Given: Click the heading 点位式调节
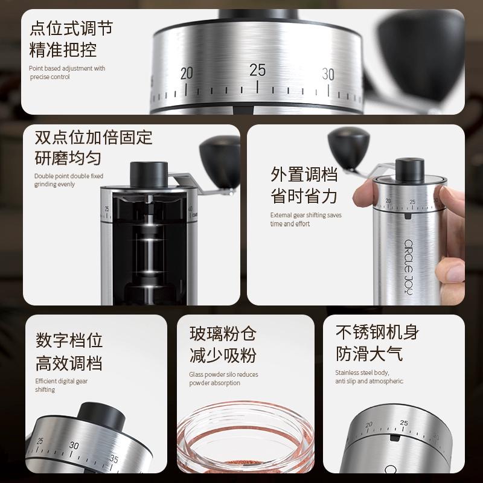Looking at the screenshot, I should (71, 28).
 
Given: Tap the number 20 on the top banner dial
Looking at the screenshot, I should (187, 74).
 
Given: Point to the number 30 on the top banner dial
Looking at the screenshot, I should (328, 74).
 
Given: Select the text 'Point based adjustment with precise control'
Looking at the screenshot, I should (67, 72).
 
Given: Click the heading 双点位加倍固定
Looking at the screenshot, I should (94, 136).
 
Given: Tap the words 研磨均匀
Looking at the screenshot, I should (68, 158).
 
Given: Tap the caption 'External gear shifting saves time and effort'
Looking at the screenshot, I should (305, 219).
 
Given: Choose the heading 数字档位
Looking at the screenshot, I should (69, 340).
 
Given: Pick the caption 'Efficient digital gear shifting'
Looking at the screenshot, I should (62, 385).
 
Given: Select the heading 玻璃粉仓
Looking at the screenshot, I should (223, 333).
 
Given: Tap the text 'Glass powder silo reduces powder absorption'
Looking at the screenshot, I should (223, 379).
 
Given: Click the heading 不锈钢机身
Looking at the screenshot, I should (377, 331).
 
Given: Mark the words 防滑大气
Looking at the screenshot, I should (369, 353).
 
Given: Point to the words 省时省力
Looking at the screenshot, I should (304, 196).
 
